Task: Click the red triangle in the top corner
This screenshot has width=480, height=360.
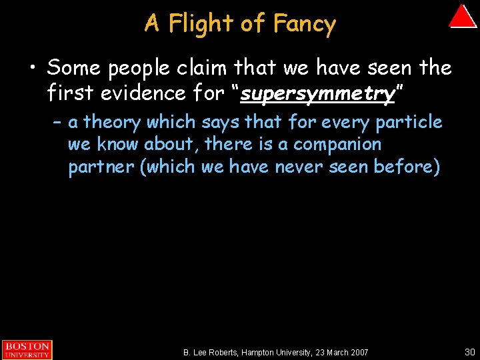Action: [x=463, y=17]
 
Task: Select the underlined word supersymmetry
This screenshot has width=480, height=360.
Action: [x=317, y=93]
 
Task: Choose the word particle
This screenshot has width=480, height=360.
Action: [x=409, y=122]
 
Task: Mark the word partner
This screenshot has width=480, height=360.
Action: [x=101, y=167]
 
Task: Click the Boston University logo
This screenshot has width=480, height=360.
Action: [x=26, y=349]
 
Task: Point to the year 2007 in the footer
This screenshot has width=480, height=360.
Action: [x=357, y=351]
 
